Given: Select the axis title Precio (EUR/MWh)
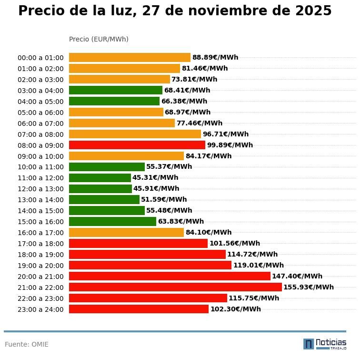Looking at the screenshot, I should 99,39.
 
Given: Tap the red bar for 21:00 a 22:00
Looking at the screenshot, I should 175,287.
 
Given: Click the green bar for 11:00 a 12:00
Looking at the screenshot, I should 100,178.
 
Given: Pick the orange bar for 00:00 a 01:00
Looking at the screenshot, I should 130,58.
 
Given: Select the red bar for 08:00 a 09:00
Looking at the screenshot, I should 137,145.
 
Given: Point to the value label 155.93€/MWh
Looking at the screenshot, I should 308,287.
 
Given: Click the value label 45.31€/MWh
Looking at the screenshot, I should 155,178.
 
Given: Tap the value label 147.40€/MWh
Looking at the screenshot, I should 297,276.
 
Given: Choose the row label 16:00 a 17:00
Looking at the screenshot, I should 40,233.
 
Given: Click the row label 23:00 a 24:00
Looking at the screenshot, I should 40,309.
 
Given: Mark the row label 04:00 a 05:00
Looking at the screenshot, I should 40,102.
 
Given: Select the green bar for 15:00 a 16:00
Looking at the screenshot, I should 112,222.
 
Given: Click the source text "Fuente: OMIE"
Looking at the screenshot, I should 27,344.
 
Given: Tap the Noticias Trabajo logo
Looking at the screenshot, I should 324,344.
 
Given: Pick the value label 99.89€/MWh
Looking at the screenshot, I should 230,145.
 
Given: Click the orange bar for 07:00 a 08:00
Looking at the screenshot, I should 135,134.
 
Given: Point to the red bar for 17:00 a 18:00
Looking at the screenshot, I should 138,244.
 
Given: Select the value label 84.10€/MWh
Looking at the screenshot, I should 208,233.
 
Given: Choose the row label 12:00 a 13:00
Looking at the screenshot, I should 40,189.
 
